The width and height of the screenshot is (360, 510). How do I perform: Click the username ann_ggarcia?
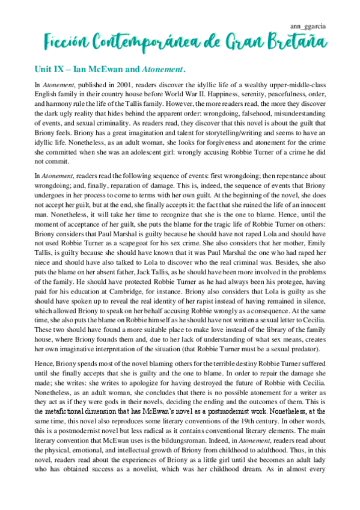tap(308, 26)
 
